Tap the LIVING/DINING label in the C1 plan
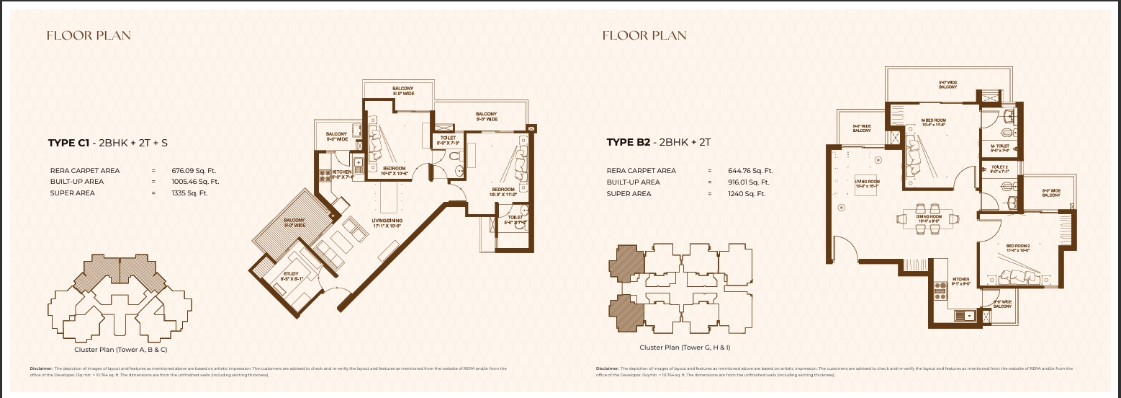[387, 223]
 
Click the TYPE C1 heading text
[108, 143]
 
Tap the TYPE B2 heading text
[659, 142]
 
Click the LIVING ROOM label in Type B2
[867, 184]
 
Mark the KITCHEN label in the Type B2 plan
[961, 281]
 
